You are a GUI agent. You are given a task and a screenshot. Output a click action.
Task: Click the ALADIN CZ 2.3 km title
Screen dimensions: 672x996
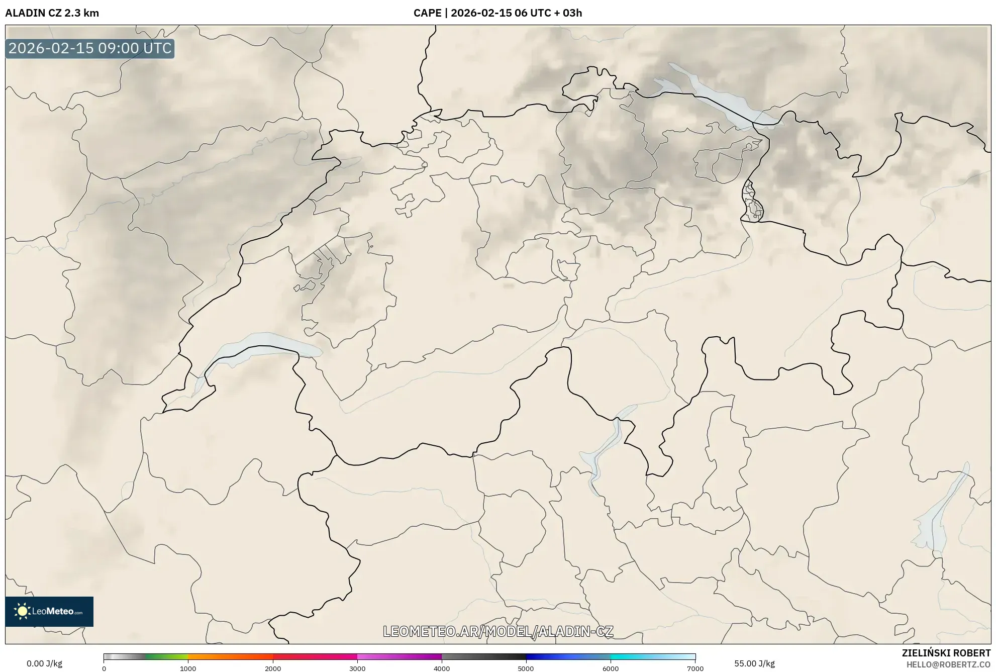(52, 13)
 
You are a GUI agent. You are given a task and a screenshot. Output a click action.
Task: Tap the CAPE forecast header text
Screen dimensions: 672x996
(497, 13)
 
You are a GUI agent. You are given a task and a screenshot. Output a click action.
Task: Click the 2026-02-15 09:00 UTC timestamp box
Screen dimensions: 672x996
(90, 48)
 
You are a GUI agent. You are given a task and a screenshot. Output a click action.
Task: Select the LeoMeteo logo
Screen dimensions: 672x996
(49, 611)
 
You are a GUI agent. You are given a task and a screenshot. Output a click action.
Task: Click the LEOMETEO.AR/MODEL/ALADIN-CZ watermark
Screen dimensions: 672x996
(498, 631)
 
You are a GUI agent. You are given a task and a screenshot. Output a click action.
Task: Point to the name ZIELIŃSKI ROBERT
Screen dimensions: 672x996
(946, 653)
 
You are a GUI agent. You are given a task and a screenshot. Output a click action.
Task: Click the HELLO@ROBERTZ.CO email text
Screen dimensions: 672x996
(948, 664)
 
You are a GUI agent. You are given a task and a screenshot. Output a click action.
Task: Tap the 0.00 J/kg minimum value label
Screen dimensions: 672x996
(44, 663)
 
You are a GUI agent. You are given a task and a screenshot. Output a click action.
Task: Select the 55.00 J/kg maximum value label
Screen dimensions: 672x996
(754, 663)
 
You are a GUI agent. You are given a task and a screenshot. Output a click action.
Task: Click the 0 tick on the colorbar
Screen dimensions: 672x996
(104, 668)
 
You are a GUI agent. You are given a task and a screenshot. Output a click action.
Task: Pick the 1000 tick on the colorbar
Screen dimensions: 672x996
(188, 668)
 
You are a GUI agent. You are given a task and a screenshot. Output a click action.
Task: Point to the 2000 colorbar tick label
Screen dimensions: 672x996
(273, 668)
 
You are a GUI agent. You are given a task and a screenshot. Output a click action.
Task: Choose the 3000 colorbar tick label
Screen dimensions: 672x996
(357, 668)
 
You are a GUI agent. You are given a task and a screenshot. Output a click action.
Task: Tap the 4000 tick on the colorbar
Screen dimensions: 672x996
(442, 668)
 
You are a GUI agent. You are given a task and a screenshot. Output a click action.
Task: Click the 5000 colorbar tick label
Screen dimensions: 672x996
(526, 668)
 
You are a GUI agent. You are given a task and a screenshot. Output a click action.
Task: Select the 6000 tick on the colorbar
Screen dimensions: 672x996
(611, 668)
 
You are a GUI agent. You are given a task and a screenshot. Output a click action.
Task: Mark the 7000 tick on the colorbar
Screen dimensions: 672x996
(695, 668)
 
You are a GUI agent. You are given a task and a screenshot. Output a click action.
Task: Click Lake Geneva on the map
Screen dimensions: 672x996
(261, 347)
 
